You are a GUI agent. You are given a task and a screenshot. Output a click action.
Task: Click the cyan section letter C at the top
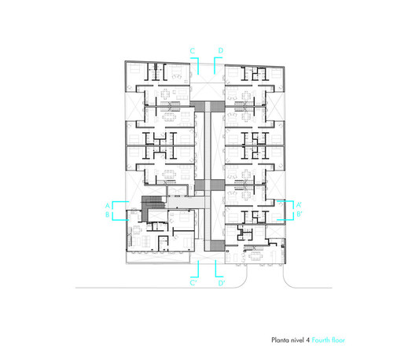pos(193,51)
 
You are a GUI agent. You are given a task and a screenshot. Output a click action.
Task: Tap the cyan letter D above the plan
pos(221,50)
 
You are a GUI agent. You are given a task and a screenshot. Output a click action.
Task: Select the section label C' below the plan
pos(193,283)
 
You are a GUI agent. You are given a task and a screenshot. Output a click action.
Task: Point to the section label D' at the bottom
pos(222,283)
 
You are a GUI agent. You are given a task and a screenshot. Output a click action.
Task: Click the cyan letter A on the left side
pos(107,205)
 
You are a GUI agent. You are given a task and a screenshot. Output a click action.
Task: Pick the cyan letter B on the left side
pos(107,215)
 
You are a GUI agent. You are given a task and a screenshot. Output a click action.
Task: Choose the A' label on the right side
pos(299,204)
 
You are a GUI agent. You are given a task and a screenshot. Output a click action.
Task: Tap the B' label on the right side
pos(299,214)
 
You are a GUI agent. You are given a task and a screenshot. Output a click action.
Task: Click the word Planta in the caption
pos(280,340)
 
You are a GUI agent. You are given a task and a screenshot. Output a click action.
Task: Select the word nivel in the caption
pos(297,340)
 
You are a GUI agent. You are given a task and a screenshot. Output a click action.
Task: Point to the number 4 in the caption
pos(307,340)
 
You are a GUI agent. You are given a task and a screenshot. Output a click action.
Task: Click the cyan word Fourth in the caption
pos(321,340)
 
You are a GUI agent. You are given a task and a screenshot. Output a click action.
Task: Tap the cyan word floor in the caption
pos(338,340)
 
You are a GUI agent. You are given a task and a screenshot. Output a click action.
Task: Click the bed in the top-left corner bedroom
pos(135,69)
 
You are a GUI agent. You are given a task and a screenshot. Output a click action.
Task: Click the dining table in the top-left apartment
pos(165,94)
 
